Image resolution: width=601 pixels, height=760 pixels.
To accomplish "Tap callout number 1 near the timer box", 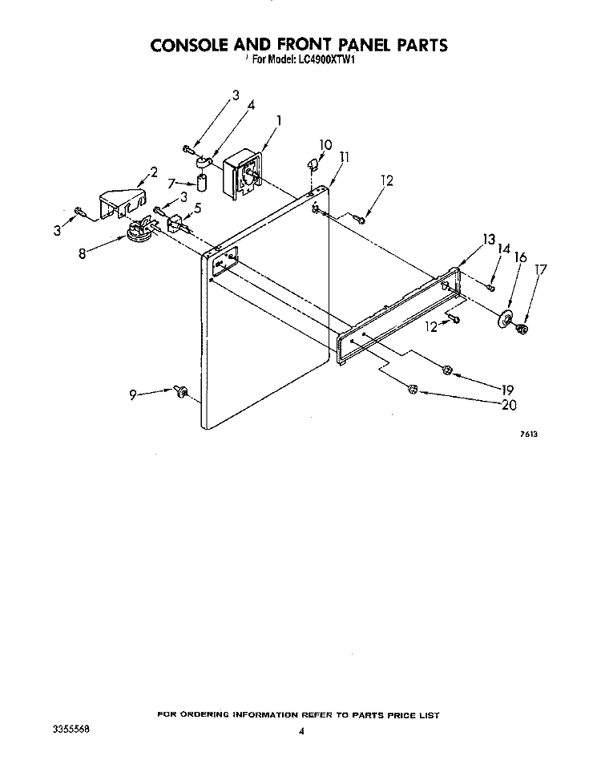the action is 279,119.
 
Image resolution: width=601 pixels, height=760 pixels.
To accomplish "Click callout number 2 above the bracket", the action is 154,172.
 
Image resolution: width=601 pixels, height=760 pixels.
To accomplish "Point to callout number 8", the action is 83,253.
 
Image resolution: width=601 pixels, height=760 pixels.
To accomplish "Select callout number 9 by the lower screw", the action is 133,395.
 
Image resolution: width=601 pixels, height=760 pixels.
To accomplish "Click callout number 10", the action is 325,144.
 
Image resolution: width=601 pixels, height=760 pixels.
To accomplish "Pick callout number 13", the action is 489,239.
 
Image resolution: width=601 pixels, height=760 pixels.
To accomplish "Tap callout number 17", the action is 541,269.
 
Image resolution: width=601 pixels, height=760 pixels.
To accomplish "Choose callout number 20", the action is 509,405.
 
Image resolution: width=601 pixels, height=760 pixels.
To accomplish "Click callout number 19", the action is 507,390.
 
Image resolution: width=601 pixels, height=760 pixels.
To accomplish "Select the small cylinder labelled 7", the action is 201,184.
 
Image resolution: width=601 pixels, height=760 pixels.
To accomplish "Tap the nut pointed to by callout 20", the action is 413,389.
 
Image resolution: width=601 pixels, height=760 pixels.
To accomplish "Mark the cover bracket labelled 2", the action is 123,204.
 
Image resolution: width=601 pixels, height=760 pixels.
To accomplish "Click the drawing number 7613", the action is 529,435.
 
